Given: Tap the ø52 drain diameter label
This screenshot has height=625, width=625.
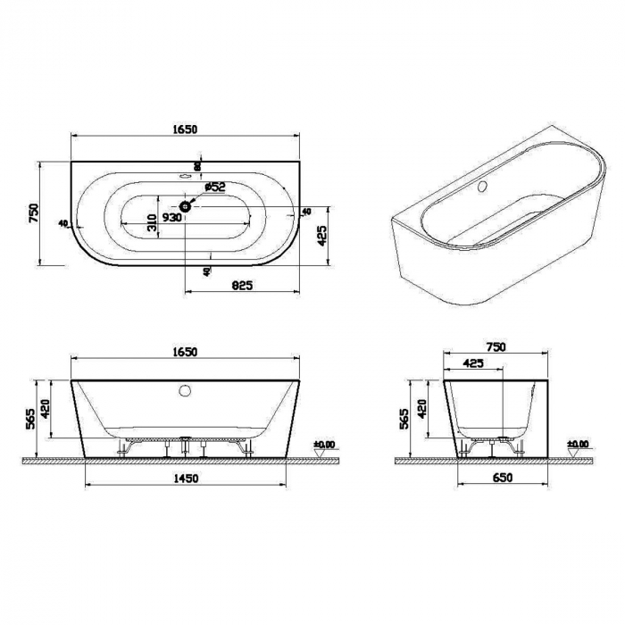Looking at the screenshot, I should coord(214,187).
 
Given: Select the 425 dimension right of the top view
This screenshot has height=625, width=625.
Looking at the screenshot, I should coord(319,235).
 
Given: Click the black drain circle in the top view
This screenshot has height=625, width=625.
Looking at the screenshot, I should coord(185,207).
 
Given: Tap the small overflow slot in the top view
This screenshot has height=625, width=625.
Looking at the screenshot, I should coord(186,177).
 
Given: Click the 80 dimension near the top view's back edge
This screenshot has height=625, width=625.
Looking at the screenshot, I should coord(198,164).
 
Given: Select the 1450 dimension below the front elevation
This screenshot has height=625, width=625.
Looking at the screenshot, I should coord(185,479).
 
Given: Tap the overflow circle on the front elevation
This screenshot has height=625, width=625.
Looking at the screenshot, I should coord(186,390).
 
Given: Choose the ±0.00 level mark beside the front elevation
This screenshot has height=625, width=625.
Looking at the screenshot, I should coord(324,444).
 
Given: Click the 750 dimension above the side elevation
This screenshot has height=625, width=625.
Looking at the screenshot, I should coord(496,347).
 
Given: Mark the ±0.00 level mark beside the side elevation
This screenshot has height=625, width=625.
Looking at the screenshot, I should coord(578,444).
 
